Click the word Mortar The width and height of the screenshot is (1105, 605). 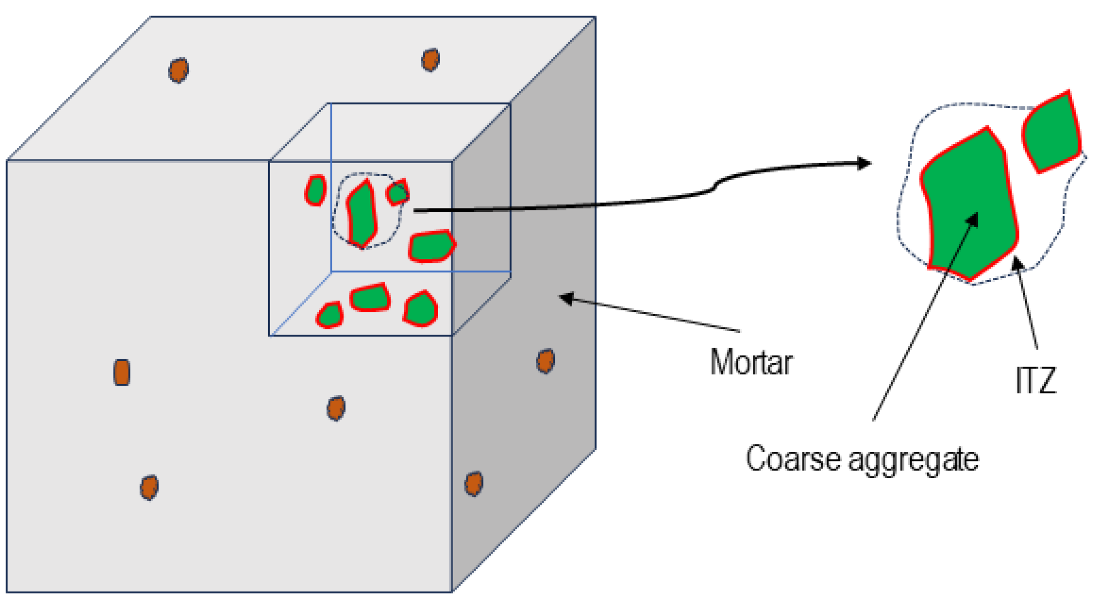point(751,363)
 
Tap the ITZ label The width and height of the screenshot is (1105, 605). point(1036,380)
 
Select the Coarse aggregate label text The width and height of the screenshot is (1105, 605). point(862,459)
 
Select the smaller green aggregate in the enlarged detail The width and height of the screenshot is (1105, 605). point(1051,133)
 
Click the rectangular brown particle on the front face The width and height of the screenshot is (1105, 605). point(122,372)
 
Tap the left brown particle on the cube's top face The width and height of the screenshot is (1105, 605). point(179,70)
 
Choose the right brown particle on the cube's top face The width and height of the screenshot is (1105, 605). point(430,60)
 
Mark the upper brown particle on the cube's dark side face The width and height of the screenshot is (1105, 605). point(545,361)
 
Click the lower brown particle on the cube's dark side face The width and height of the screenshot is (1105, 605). point(474,484)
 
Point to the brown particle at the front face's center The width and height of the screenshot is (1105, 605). point(336,408)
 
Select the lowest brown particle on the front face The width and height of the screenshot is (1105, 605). point(149,488)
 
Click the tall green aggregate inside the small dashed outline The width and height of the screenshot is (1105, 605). point(361,214)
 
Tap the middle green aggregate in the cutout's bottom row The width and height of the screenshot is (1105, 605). point(370,298)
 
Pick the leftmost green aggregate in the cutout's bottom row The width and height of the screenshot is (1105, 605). point(330,315)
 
